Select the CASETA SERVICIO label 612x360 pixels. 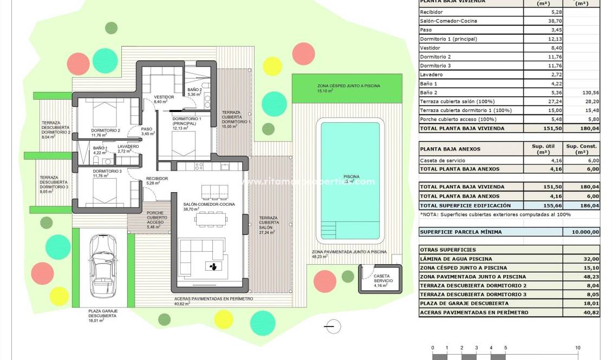[383, 279]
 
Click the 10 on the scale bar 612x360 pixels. [578, 348]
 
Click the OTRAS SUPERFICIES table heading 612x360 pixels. [448, 250]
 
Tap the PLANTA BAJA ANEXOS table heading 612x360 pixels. [450, 149]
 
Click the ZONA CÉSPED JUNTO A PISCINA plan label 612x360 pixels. [348, 86]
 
